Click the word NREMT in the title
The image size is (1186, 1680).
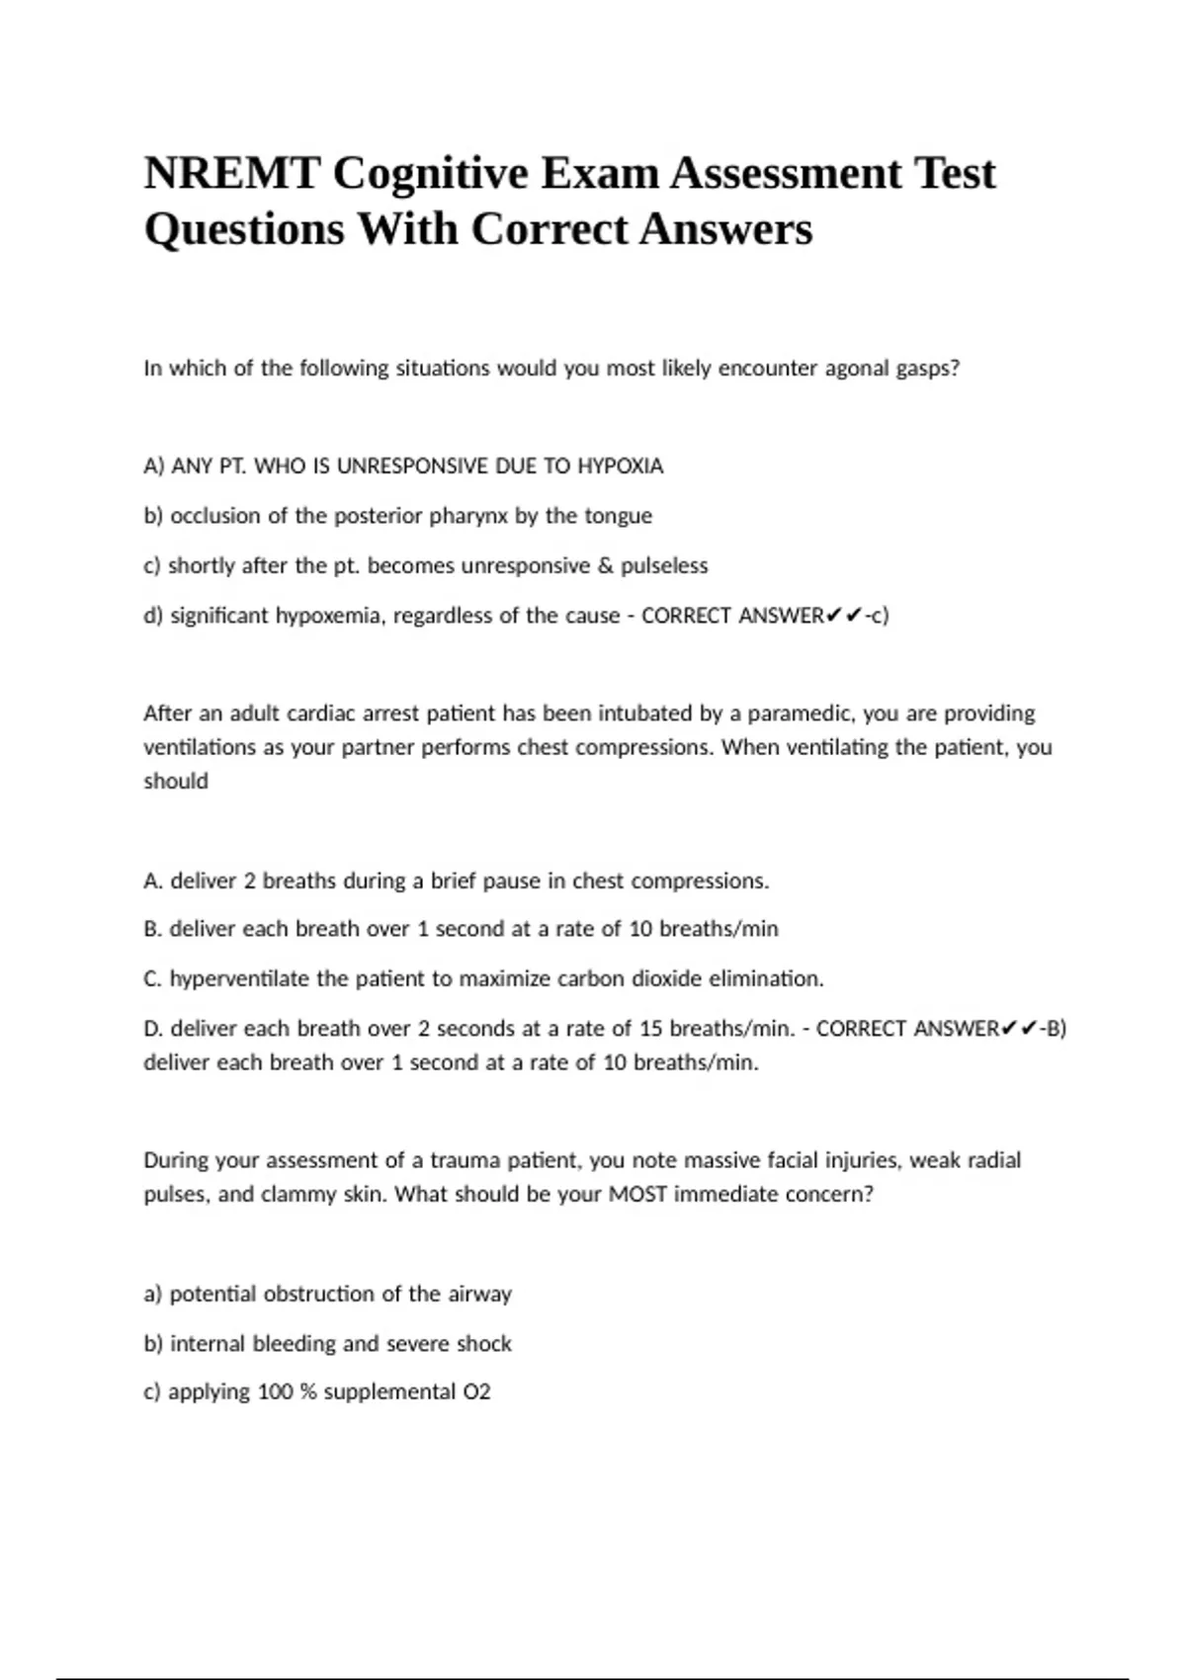(x=231, y=174)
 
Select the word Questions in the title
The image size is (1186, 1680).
(x=245, y=230)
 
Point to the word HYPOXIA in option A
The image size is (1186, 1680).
(x=620, y=466)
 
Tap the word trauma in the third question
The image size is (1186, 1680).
(x=465, y=1160)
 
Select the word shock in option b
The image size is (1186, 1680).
(x=484, y=1344)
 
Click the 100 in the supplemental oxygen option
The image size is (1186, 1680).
(x=274, y=1392)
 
